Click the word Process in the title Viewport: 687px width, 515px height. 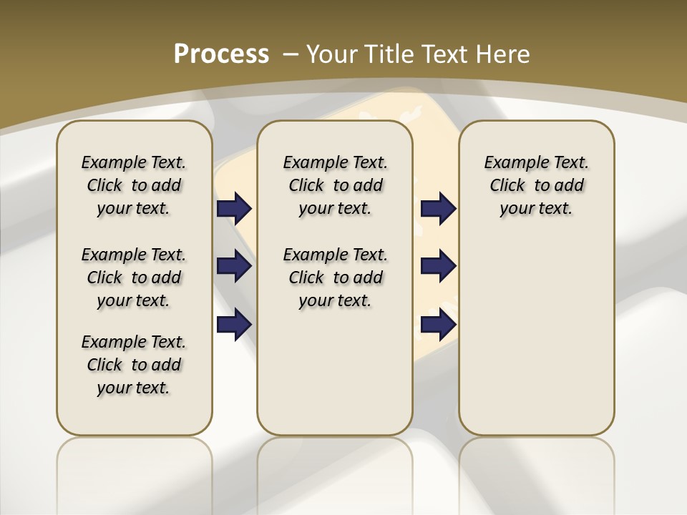pyautogui.click(x=221, y=54)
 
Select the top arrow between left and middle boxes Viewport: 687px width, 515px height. pyautogui.click(x=234, y=209)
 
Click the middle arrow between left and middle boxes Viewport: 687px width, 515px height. pyautogui.click(x=234, y=266)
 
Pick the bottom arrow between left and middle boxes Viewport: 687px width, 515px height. pyautogui.click(x=234, y=324)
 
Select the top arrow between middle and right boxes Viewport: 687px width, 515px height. pyautogui.click(x=438, y=209)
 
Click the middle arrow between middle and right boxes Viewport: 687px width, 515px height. pyautogui.click(x=438, y=266)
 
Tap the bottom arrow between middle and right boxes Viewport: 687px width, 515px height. pyautogui.click(x=438, y=324)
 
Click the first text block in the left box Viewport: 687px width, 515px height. pyautogui.click(x=134, y=185)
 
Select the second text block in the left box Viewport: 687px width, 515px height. pyautogui.click(x=134, y=278)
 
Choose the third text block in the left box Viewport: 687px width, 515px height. pyautogui.click(x=134, y=365)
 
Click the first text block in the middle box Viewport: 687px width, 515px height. pyautogui.click(x=335, y=185)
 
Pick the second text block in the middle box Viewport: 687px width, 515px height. pyautogui.click(x=335, y=278)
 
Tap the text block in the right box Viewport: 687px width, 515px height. pyautogui.click(x=536, y=185)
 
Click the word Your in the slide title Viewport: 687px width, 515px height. pyautogui.click(x=333, y=54)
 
